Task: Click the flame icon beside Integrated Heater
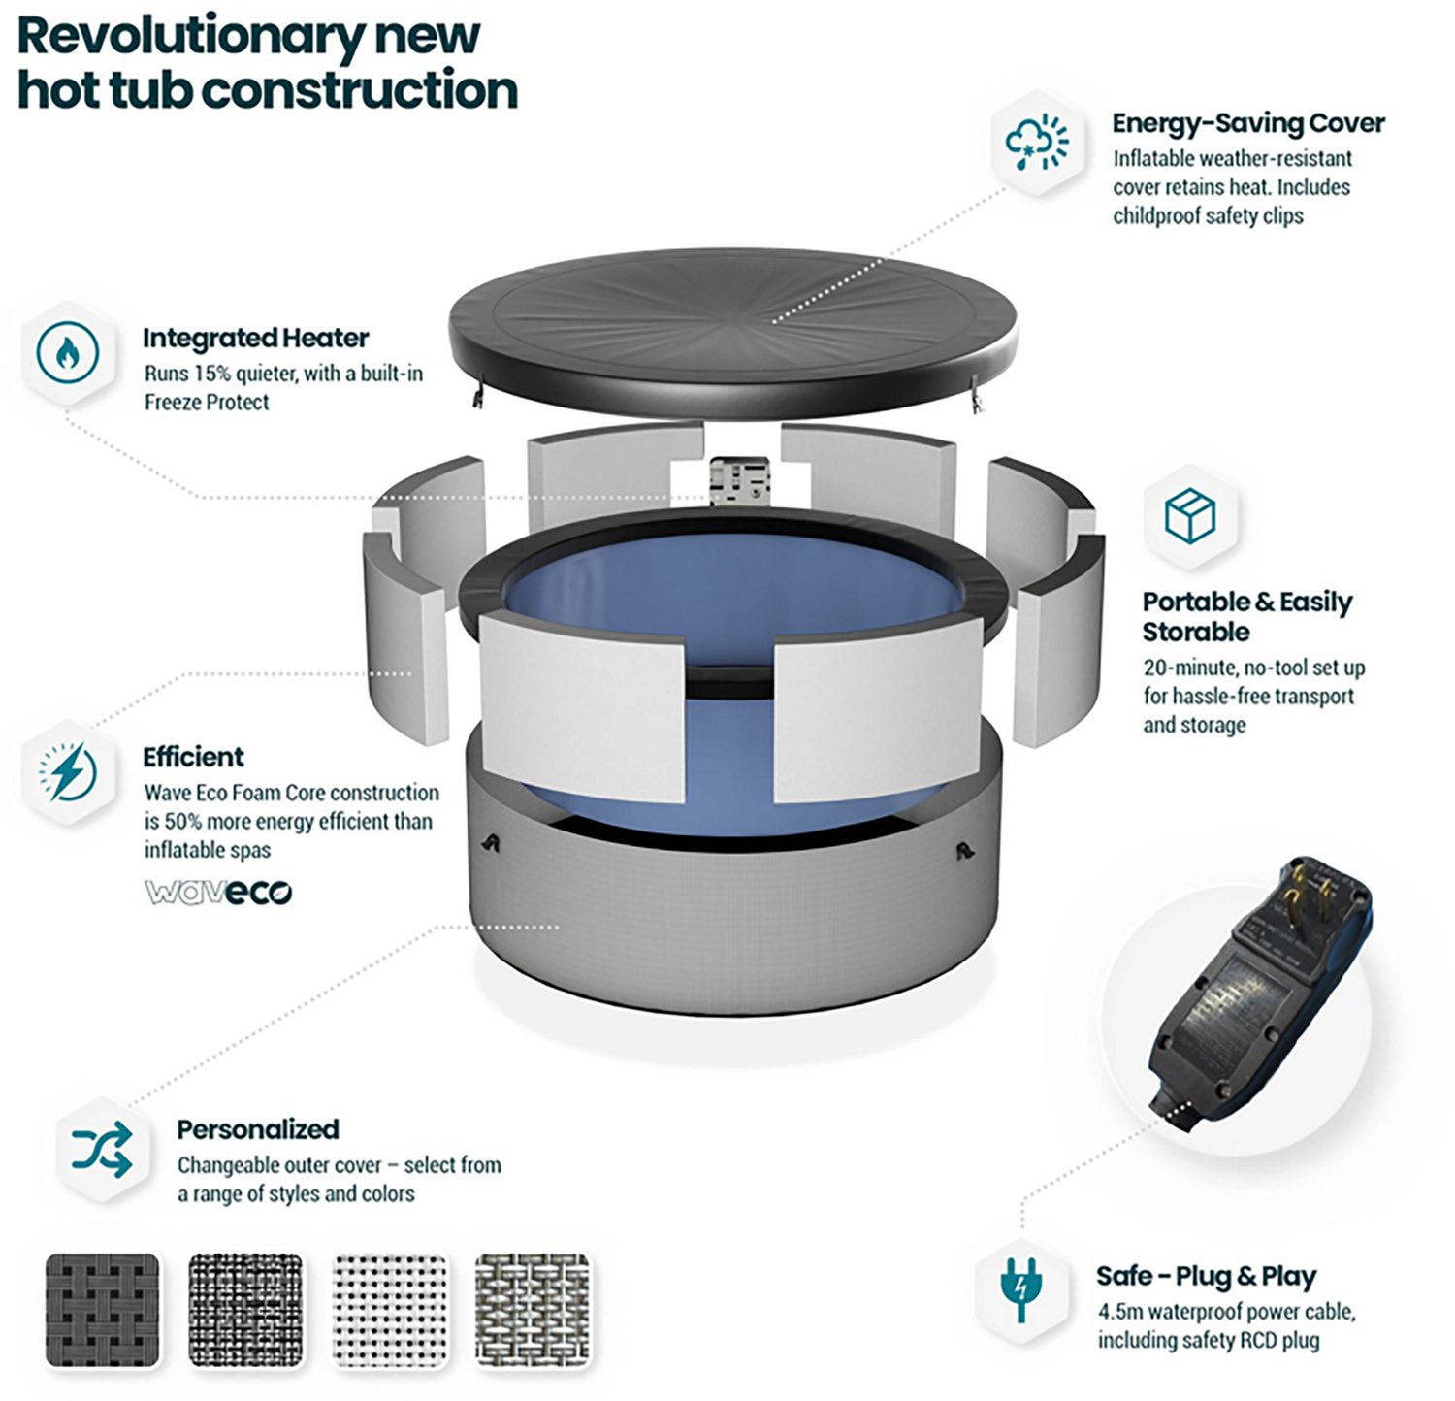click(x=67, y=352)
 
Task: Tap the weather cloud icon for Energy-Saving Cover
click(x=1037, y=143)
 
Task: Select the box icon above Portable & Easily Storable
click(x=1189, y=515)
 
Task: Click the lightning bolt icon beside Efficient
click(x=68, y=772)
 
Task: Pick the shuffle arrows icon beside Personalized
click(x=102, y=1150)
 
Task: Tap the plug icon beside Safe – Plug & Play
click(x=1020, y=1288)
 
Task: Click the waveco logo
click(x=218, y=892)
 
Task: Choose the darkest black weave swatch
click(x=103, y=1309)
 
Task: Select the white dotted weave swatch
click(x=390, y=1309)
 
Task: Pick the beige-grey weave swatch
click(x=533, y=1309)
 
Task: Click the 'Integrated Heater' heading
click(x=256, y=338)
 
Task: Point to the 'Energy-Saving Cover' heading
click(x=1248, y=123)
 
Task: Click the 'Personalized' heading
click(x=258, y=1129)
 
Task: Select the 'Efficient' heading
click(x=193, y=757)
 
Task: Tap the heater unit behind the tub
click(x=739, y=481)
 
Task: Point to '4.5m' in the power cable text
click(x=1120, y=1312)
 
